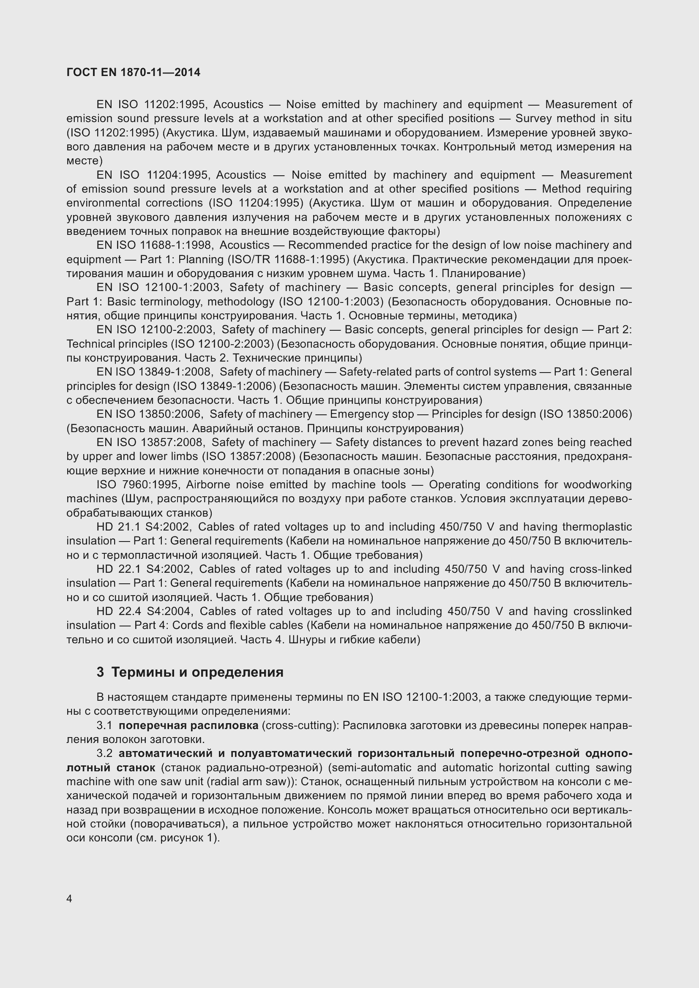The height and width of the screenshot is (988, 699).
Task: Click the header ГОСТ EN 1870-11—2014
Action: [134, 72]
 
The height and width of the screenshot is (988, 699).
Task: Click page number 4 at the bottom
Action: [69, 898]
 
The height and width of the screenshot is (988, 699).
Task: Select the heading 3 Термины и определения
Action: [190, 672]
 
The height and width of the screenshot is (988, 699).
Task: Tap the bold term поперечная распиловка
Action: [188, 726]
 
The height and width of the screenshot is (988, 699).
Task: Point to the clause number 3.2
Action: [104, 754]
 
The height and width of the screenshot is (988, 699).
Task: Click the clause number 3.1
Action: [104, 726]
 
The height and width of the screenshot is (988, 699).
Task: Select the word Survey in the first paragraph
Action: [533, 118]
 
